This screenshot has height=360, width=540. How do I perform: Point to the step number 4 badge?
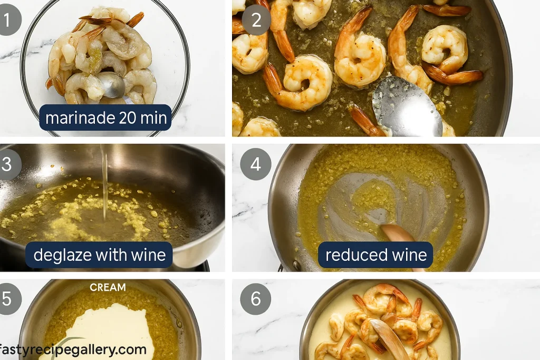256,164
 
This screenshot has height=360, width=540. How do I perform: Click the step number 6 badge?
256,299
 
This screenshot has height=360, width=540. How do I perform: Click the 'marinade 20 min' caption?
105,118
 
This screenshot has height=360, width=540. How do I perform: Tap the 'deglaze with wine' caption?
99,255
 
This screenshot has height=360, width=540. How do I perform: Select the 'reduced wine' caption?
375,255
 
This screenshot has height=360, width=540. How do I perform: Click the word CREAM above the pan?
108,287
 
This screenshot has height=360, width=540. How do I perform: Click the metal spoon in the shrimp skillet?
407,106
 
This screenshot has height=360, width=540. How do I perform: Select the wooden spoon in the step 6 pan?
390,337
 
